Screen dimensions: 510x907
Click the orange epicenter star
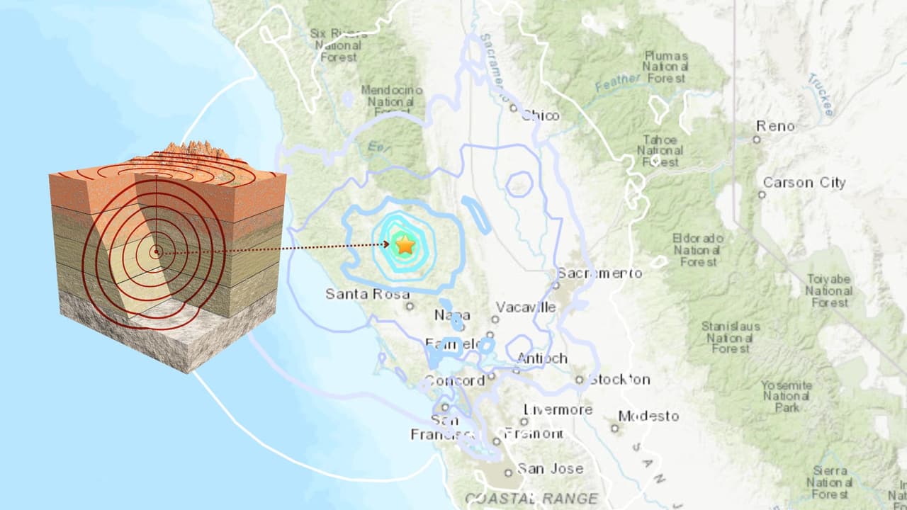[405, 245]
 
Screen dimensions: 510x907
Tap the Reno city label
[775, 126]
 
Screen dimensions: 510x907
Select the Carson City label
[804, 183]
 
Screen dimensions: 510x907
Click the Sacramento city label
[599, 273]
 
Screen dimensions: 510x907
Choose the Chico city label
[540, 115]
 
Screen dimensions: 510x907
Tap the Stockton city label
[619, 379]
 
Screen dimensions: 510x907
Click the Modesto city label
[648, 416]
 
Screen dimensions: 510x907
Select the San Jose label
[551, 468]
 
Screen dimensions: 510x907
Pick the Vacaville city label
[526, 307]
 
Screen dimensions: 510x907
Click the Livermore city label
[558, 409]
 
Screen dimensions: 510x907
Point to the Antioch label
[542, 358]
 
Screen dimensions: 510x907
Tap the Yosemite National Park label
[786, 396]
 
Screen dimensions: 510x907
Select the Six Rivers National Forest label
[339, 45]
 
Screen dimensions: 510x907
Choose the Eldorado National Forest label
[698, 250]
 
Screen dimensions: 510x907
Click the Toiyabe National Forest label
[828, 291]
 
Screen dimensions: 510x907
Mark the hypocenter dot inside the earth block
[157, 251]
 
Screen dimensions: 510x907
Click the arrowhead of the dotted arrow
[385, 244]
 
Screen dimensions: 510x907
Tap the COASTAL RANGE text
[531, 499]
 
